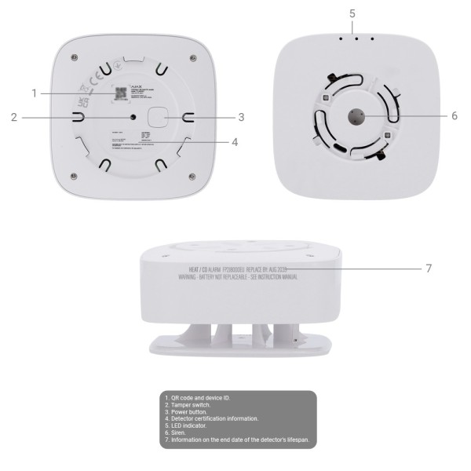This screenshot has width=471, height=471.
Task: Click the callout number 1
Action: pos(35,93)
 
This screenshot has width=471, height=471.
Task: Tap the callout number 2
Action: pos(14,117)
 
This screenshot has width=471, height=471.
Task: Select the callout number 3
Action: pos(242,117)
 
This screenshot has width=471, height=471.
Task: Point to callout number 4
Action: pos(235,142)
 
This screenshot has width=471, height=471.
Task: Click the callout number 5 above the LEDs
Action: pos(352,13)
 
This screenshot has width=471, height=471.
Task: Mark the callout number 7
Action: pos(429,268)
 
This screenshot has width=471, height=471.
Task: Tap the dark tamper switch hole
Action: pos(132,116)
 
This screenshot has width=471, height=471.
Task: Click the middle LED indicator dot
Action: pos(356,38)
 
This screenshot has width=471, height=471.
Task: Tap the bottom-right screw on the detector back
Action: pos(191,173)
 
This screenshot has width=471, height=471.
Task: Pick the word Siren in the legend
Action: pos(179,433)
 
